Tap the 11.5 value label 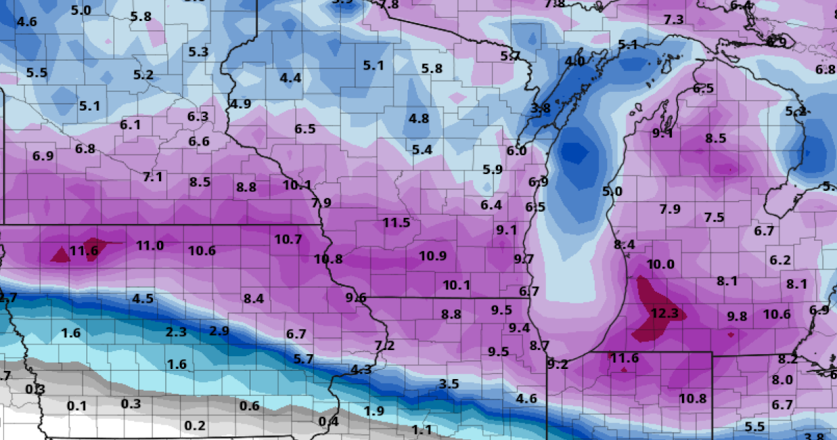(396, 223)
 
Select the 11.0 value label (149, 245)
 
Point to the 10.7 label (287, 239)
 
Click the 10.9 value (432, 256)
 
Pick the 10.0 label (661, 264)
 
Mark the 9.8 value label (737, 316)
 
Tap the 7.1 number (153, 177)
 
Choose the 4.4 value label (290, 78)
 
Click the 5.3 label (199, 51)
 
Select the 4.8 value (418, 118)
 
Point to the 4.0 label (575, 61)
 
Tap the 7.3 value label (674, 20)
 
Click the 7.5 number (714, 217)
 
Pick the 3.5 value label (449, 383)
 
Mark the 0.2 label (195, 425)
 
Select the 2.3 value (176, 331)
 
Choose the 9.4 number (519, 328)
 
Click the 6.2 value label (781, 261)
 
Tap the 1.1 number (422, 430)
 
